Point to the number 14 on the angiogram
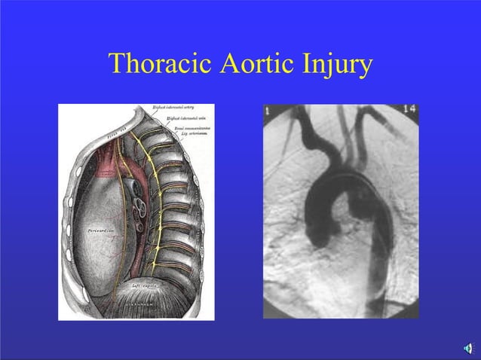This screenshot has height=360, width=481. (x=409, y=111)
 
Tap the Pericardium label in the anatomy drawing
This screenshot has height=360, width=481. (x=100, y=227)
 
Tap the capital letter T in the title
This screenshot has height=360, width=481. (x=116, y=65)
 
